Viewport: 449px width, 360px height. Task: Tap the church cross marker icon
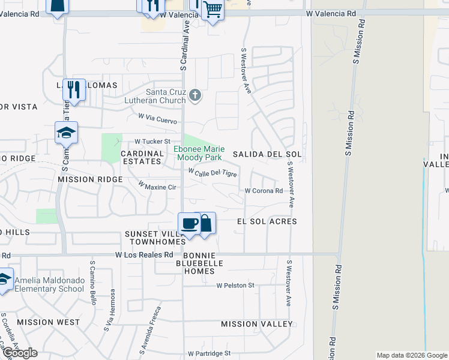(x=194, y=95)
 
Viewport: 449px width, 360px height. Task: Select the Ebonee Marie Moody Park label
(x=197, y=153)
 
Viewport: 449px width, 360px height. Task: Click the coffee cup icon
(x=190, y=224)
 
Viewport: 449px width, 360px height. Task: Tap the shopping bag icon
(x=205, y=224)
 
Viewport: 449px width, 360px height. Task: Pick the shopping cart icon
(x=212, y=10)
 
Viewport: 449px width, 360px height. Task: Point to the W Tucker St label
(x=152, y=142)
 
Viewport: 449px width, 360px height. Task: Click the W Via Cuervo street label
(x=157, y=119)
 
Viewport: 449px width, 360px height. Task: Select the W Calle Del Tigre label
(x=212, y=173)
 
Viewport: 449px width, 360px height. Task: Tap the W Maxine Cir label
(x=157, y=185)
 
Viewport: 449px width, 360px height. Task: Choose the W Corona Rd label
(x=263, y=191)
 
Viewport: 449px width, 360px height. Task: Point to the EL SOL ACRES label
(x=267, y=221)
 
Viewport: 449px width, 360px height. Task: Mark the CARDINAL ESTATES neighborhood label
(x=143, y=158)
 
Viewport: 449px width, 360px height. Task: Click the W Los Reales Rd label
(x=143, y=254)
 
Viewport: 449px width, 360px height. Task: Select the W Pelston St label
(x=235, y=286)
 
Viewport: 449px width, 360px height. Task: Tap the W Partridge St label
(x=209, y=354)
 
